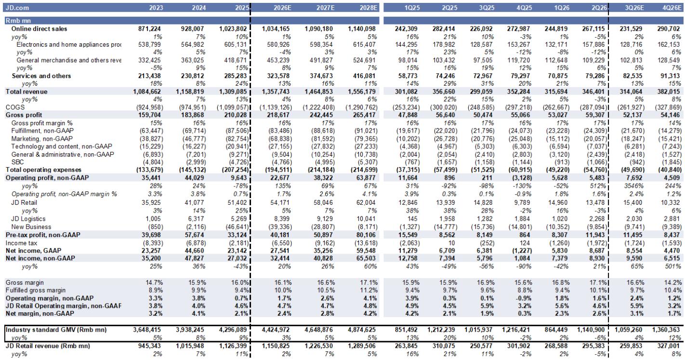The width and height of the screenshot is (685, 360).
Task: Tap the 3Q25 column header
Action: [x=487, y=8]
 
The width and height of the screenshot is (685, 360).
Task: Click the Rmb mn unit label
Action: [x=18, y=21]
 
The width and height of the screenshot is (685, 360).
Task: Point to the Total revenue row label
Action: [x=26, y=92]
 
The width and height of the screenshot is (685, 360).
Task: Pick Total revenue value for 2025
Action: [x=233, y=92]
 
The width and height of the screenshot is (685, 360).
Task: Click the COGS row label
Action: [x=15, y=107]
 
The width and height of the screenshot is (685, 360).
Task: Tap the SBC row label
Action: [x=17, y=162]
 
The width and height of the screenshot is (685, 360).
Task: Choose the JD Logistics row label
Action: [x=28, y=219]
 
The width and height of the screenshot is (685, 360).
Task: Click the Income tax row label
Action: [x=21, y=243]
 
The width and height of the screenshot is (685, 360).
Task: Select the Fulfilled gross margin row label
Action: [x=36, y=290]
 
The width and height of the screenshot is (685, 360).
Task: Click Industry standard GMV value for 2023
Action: [x=147, y=330]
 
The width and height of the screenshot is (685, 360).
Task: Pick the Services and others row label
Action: [x=41, y=76]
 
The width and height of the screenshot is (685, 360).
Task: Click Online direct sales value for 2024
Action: [x=192, y=29]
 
